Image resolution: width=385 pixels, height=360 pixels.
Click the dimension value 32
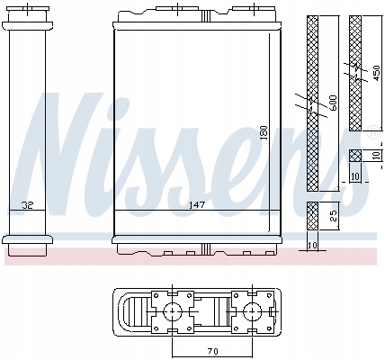coord(30,204)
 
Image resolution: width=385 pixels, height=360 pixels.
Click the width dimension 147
coord(193,204)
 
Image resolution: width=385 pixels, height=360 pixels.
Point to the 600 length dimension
coord(333,103)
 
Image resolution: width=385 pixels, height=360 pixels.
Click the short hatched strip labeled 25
coord(311,215)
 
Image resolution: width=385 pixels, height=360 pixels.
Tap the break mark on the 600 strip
coord(311,105)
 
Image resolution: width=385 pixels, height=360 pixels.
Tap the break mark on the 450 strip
coord(354,67)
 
